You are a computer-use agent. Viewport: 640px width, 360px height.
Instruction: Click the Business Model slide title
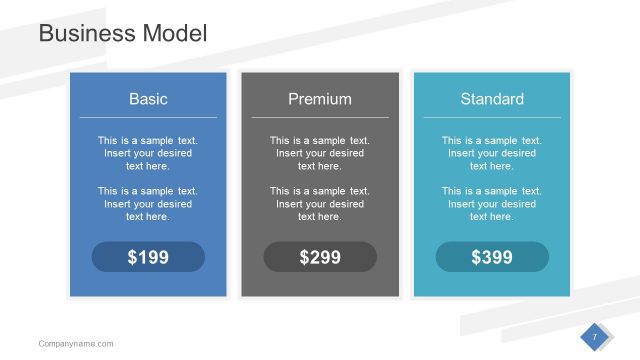pos(122,33)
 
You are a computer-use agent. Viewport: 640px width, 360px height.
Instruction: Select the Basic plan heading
pos(148,99)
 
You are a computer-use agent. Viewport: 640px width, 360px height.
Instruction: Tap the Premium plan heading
pos(320,99)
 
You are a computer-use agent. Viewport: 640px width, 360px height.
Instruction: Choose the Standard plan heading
pos(492,99)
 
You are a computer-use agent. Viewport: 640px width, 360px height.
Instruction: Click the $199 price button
pos(148,257)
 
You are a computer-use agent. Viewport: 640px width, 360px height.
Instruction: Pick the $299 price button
pos(320,257)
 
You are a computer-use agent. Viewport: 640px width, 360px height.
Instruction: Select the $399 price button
pos(492,257)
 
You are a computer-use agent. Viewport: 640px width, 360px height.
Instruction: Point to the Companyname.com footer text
pos(76,343)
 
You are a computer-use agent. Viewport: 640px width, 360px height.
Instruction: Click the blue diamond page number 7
pos(594,337)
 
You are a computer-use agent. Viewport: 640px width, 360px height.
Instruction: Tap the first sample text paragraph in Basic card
pos(148,153)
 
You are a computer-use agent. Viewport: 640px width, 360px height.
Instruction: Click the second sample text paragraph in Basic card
pos(148,203)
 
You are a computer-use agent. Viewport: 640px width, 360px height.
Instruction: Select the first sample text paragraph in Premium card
pos(320,153)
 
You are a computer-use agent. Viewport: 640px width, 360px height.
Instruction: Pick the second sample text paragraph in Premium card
pos(320,203)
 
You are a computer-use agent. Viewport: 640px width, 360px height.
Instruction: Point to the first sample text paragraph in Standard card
pos(492,153)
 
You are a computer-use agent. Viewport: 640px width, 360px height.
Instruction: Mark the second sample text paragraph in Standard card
pos(492,203)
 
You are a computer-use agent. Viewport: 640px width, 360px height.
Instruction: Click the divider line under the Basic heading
pos(148,118)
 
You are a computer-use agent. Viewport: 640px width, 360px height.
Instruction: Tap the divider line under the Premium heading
pos(320,118)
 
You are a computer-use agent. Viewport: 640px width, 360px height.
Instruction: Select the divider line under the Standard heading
pos(492,118)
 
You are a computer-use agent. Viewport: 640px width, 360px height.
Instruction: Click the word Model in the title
pos(174,33)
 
